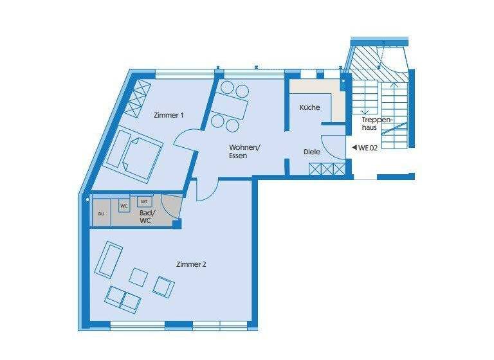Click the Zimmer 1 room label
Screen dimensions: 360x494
click(169, 115)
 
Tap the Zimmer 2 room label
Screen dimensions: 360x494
click(191, 264)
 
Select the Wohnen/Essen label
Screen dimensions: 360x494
click(244, 151)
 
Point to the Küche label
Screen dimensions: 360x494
click(309, 107)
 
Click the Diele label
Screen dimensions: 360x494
click(312, 152)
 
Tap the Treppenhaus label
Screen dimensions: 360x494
click(374, 123)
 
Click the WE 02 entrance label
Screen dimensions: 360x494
click(368, 147)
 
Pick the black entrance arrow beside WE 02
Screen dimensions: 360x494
click(354, 147)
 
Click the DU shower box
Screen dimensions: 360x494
click(101, 213)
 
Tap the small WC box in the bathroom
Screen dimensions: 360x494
click(124, 206)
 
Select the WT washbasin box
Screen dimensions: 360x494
click(144, 201)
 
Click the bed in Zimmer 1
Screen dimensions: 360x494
click(134, 154)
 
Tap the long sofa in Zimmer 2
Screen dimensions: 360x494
click(109, 258)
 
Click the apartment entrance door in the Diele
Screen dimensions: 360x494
click(334, 147)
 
